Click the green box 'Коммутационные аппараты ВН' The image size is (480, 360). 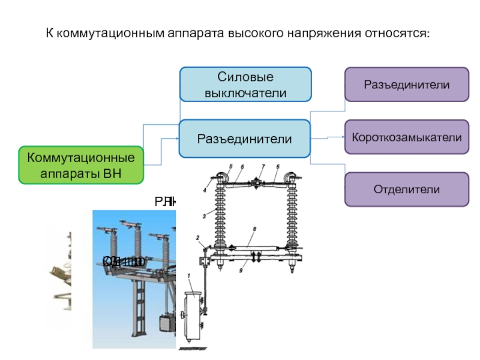(x=81, y=165)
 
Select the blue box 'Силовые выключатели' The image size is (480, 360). (x=246, y=84)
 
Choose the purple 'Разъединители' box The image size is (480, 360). (x=406, y=84)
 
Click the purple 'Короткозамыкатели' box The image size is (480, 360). (x=406, y=137)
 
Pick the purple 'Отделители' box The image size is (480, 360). (x=406, y=190)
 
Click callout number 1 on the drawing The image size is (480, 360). (x=190, y=275)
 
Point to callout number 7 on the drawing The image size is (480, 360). (x=262, y=166)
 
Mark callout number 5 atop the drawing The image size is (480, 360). (x=230, y=166)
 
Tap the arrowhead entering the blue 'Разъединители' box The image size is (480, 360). (x=178, y=139)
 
